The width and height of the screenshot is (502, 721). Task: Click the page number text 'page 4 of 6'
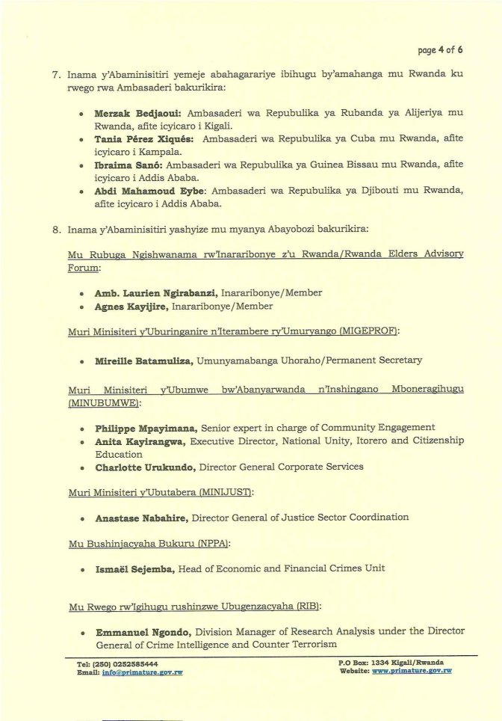point(440,51)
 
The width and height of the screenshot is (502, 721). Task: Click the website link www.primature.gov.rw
point(412,671)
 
